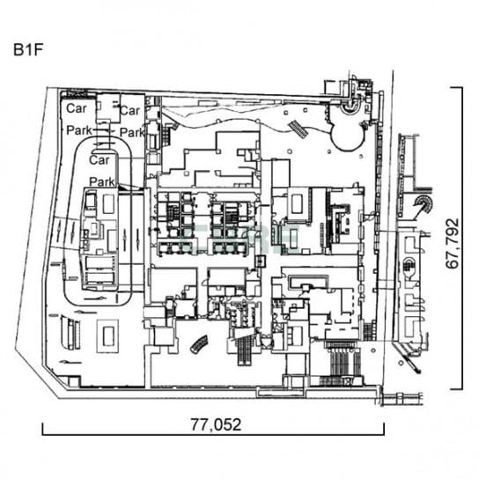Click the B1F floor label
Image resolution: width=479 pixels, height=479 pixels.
[x=27, y=50]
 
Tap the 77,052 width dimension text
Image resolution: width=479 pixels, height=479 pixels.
[x=216, y=424]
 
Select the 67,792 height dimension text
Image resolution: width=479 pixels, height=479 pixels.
[x=453, y=244]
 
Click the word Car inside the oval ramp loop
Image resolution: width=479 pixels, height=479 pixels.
[x=99, y=159]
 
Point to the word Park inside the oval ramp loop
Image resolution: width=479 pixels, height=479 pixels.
[x=102, y=181]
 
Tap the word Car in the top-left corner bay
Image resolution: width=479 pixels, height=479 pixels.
[x=77, y=108]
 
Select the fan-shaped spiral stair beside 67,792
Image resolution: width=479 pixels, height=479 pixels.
[x=424, y=203]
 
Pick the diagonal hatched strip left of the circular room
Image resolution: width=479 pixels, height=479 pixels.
[x=298, y=129]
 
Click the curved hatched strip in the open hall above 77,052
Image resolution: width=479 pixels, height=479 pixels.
[x=199, y=344]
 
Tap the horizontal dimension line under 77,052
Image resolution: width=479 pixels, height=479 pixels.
[x=213, y=434]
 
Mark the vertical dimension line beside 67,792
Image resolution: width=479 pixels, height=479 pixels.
[x=461, y=239]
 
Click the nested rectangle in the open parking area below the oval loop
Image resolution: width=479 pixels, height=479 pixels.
[x=107, y=336]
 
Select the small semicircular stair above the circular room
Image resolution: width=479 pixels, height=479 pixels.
[x=350, y=109]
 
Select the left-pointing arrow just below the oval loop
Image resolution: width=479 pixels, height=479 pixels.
[x=85, y=312]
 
